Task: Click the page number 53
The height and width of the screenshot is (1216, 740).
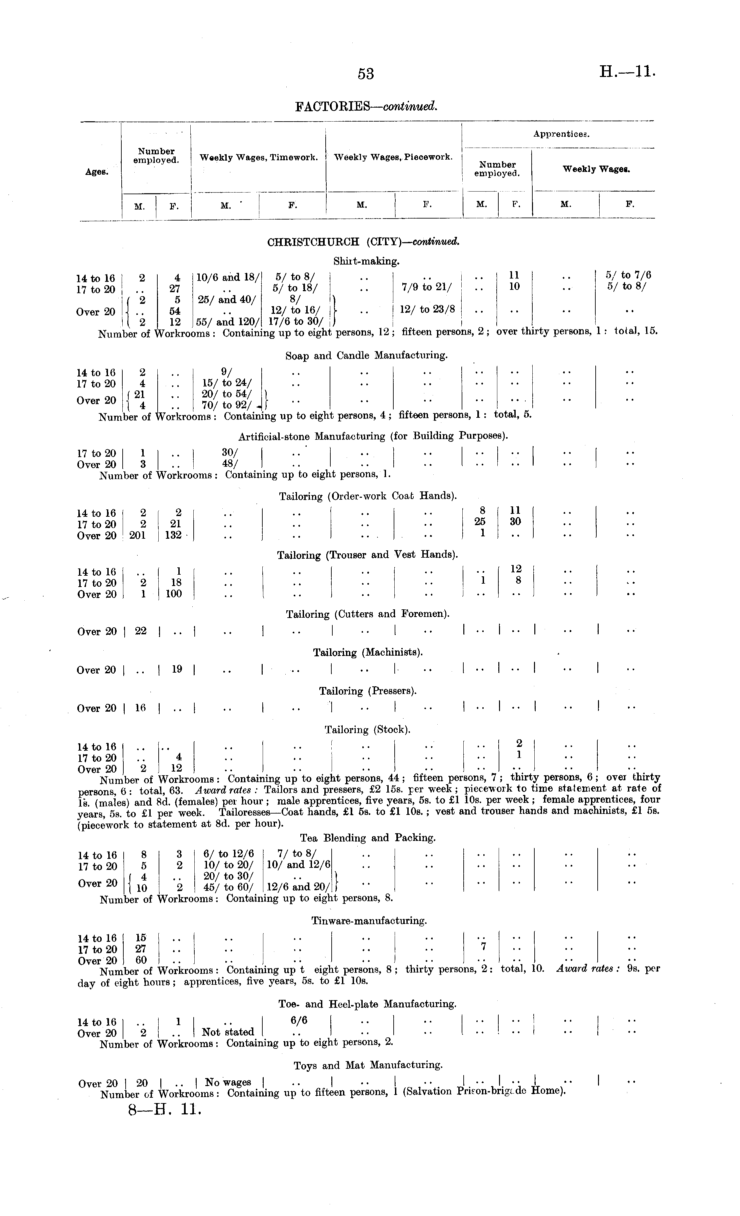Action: (x=366, y=74)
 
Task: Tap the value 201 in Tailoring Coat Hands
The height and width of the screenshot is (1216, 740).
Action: (x=137, y=535)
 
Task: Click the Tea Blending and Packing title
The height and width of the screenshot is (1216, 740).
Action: (x=368, y=838)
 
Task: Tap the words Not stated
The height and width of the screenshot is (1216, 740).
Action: (x=228, y=1032)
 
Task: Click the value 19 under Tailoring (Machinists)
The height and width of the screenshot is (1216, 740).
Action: (x=177, y=670)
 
